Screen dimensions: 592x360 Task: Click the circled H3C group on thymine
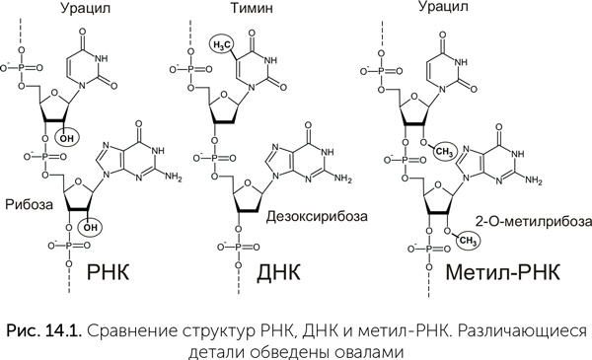(223, 44)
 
